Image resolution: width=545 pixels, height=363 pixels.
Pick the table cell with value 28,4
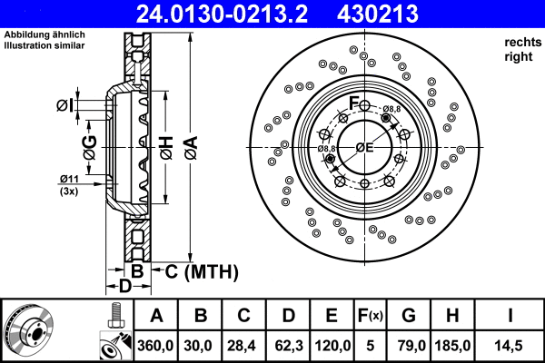(x=243, y=345)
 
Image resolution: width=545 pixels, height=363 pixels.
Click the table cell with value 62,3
(x=287, y=345)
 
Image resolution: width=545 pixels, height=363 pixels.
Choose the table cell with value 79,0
(x=410, y=345)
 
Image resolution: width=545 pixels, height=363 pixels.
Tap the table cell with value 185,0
(x=455, y=345)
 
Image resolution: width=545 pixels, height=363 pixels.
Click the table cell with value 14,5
(x=510, y=345)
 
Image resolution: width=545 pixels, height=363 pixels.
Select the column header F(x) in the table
(x=370, y=316)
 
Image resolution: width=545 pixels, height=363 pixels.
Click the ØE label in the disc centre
(x=365, y=147)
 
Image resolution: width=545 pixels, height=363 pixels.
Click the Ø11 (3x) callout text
(x=69, y=184)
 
